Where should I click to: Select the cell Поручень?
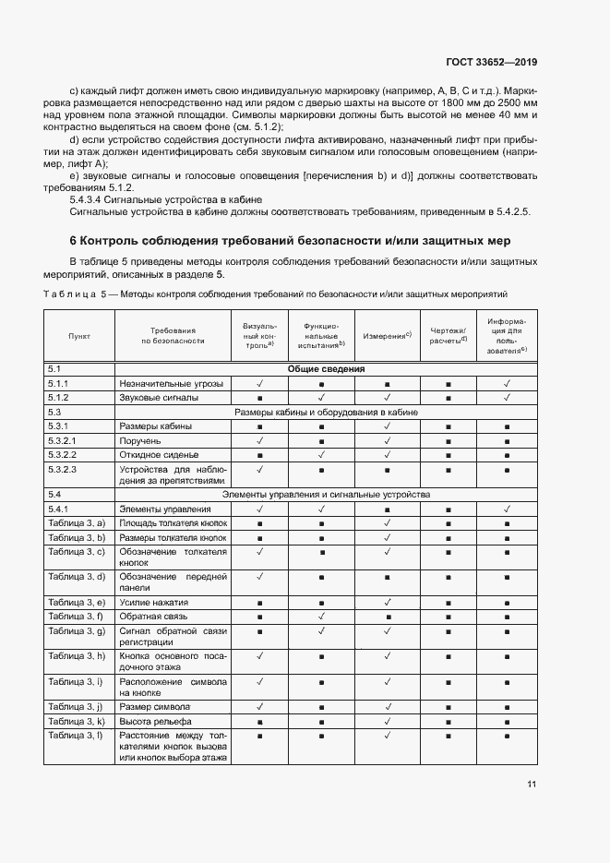[x=140, y=441]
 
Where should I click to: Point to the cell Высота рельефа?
[x=155, y=721]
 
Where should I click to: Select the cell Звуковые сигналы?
[x=159, y=398]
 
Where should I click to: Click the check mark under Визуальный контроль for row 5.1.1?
[x=260, y=383]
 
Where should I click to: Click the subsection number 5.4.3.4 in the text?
[x=89, y=199]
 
